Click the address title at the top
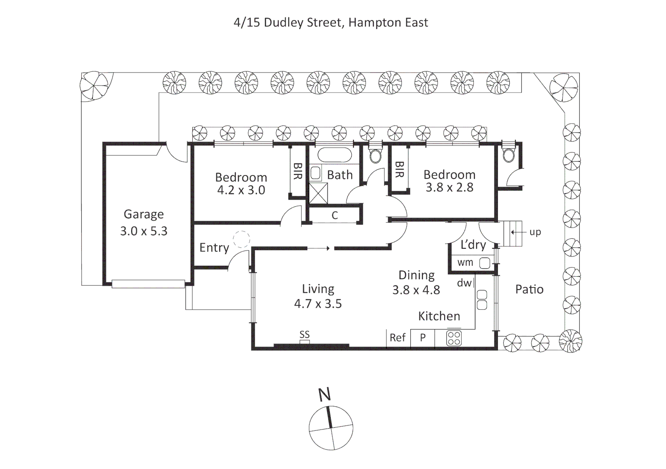click(x=331, y=23)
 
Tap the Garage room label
click(x=144, y=214)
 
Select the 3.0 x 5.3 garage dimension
click(x=144, y=231)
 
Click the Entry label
click(x=214, y=248)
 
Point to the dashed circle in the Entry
click(x=241, y=239)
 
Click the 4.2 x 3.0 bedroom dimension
click(x=241, y=190)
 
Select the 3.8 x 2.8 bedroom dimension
click(x=449, y=188)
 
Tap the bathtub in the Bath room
click(x=334, y=155)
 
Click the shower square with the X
click(x=318, y=193)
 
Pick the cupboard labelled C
click(x=334, y=215)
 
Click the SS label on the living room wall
click(x=304, y=334)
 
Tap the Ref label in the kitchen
click(x=397, y=337)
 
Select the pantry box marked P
click(x=422, y=337)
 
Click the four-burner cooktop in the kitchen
click(x=454, y=338)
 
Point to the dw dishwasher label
click(x=464, y=283)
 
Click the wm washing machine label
click(x=465, y=262)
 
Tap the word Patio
click(x=529, y=289)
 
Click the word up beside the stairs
click(x=535, y=232)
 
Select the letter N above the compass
click(x=324, y=394)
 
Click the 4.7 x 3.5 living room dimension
click(x=318, y=304)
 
